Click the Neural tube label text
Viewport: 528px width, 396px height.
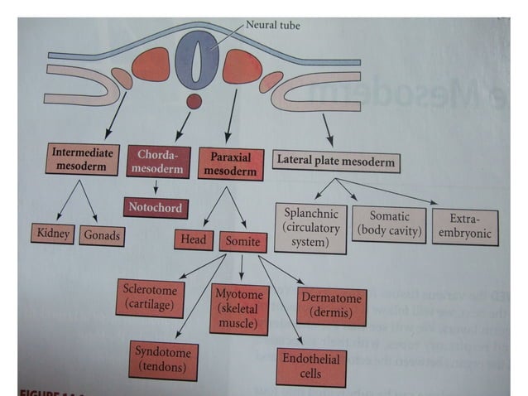(x=272, y=26)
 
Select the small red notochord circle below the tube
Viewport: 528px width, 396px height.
(x=194, y=102)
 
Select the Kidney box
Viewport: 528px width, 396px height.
(x=52, y=234)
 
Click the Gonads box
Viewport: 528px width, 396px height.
(x=103, y=234)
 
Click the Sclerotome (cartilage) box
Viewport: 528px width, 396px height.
(x=151, y=298)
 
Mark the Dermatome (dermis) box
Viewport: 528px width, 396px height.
(x=330, y=305)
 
